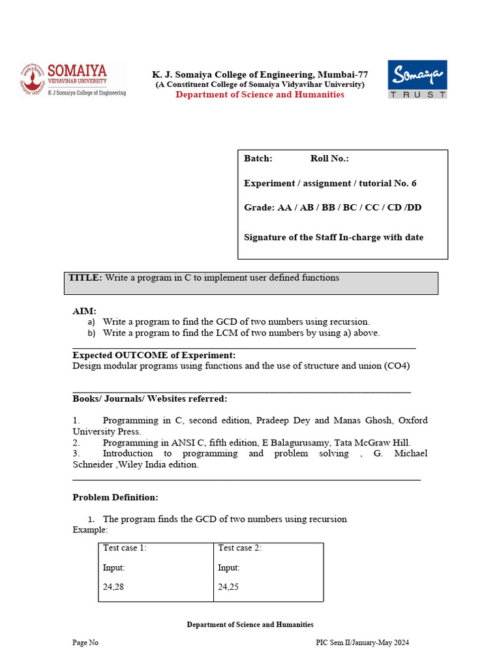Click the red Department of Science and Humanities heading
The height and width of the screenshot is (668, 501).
tap(260, 95)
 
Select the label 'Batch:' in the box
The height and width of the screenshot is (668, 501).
tap(258, 159)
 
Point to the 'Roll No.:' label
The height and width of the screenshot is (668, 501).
tap(329, 159)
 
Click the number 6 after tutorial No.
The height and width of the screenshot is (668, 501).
tap(414, 183)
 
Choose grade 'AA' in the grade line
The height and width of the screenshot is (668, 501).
tap(284, 207)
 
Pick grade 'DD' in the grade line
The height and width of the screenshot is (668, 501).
tap(433, 207)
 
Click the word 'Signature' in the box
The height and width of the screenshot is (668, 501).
tap(265, 237)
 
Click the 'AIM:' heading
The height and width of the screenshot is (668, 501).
tap(84, 311)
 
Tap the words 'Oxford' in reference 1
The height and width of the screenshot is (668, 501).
tap(413, 421)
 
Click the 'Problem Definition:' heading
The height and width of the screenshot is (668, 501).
tap(115, 497)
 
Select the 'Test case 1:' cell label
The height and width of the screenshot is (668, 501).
tap(125, 548)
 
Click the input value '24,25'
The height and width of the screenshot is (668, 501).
tap(228, 587)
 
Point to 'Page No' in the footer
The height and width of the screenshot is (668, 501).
tap(85, 643)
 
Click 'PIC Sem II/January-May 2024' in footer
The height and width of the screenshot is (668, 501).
tap(363, 643)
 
